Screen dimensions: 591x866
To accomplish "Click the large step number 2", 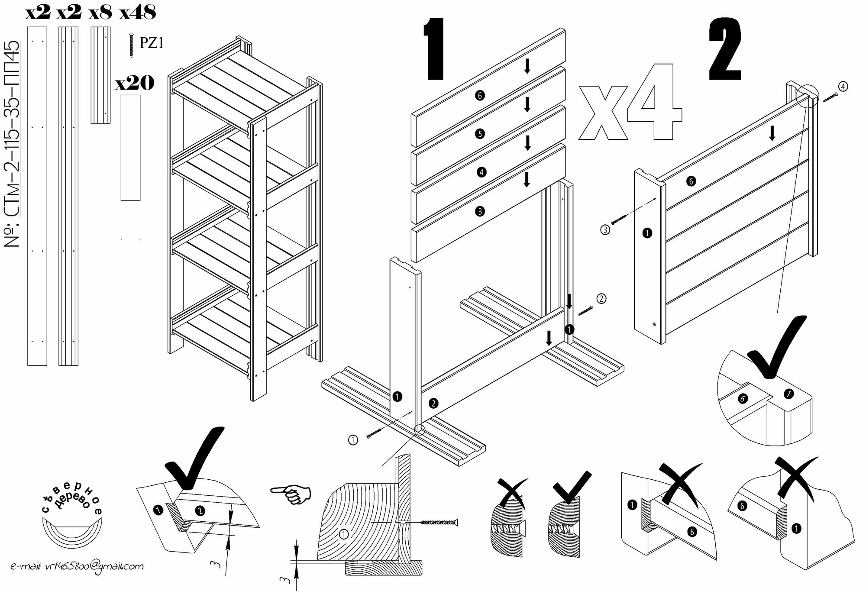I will (725, 51).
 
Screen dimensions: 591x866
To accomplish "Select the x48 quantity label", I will (138, 13).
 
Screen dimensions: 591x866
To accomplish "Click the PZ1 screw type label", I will (152, 43).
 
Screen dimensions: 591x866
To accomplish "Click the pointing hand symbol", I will (291, 494).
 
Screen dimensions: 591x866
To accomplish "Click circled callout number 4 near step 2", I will (843, 86).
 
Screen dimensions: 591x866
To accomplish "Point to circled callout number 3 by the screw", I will (605, 229).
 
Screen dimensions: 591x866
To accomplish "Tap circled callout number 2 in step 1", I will (601, 298).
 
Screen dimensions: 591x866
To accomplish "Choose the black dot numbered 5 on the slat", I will (479, 134).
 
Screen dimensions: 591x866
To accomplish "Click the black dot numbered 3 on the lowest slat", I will (479, 211).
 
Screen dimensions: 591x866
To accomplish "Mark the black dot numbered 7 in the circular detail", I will (788, 394).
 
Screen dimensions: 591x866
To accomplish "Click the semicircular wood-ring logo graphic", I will (71, 536).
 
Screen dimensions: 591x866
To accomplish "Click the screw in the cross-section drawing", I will (438, 523).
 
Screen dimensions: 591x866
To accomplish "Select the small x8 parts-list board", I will (100, 75).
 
